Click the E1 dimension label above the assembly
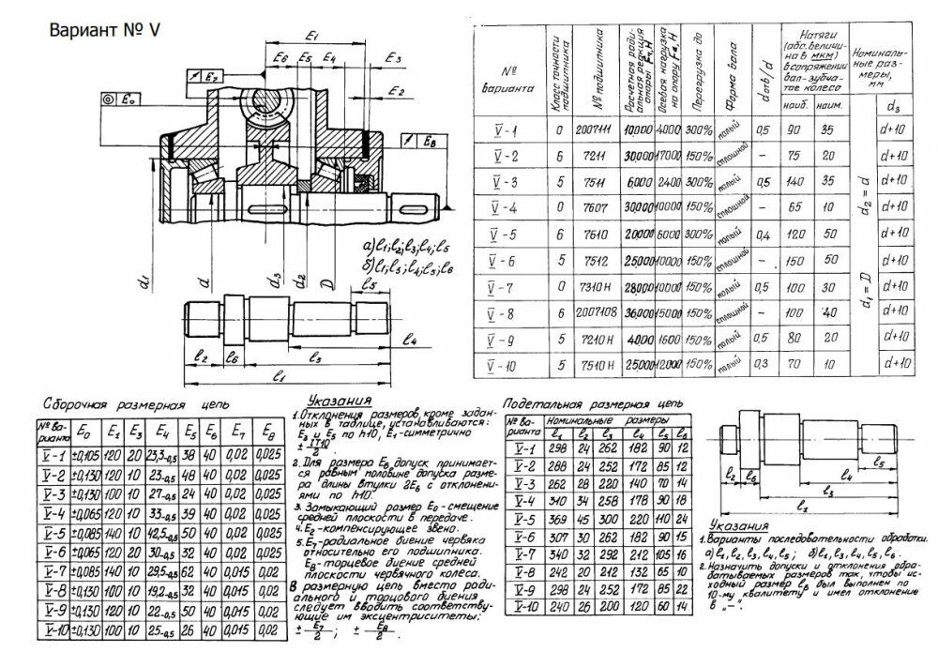[315, 36]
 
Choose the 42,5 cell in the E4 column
[166, 532]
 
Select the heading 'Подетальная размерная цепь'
[593, 401]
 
